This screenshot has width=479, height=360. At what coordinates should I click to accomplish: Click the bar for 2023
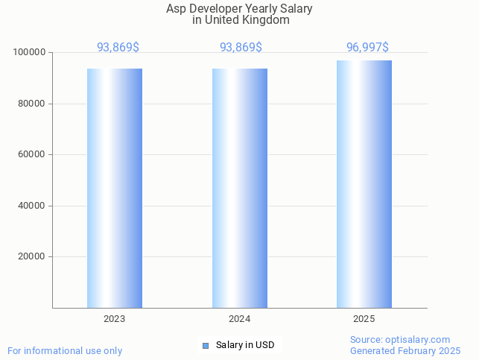(x=115, y=188)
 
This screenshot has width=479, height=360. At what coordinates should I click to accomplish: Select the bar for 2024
(x=239, y=188)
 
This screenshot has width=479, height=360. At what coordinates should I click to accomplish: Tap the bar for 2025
(x=364, y=184)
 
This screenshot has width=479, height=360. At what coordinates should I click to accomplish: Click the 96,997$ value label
(x=367, y=48)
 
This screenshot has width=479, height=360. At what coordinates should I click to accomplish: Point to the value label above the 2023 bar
(x=118, y=48)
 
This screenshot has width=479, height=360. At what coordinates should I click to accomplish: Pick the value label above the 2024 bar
(x=241, y=48)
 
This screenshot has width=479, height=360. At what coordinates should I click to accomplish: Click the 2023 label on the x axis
(x=114, y=319)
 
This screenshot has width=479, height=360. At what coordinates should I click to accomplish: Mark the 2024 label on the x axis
(x=239, y=319)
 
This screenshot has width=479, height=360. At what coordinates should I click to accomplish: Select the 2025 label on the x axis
(x=364, y=319)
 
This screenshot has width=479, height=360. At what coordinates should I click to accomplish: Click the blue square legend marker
(x=206, y=345)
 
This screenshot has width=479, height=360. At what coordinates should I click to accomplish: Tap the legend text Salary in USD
(x=245, y=345)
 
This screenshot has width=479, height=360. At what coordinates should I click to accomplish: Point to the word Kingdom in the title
(x=266, y=20)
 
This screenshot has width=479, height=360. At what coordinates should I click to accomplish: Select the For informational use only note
(x=65, y=350)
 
